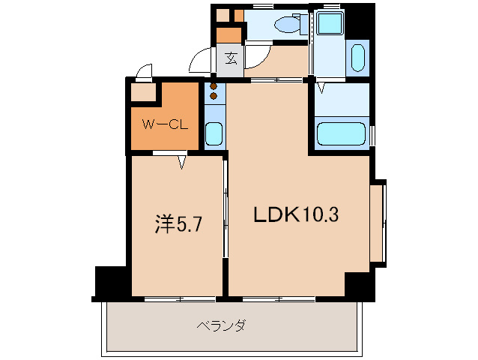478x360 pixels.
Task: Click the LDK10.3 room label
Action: tap(296, 216)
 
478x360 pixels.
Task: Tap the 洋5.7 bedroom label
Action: tap(178, 223)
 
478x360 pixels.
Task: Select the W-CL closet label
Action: tap(165, 124)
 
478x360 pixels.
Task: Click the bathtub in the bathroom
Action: tap(342, 135)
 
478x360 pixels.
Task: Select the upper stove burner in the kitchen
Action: tap(214, 85)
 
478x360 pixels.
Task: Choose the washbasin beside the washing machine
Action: tap(357, 56)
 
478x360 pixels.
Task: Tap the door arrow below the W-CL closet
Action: tap(182, 161)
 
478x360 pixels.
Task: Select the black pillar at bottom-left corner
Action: tap(108, 282)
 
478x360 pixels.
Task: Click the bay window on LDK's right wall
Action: tap(380, 223)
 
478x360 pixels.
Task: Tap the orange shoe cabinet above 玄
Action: tap(229, 34)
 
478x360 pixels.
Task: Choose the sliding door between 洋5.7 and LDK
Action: tap(226, 225)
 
